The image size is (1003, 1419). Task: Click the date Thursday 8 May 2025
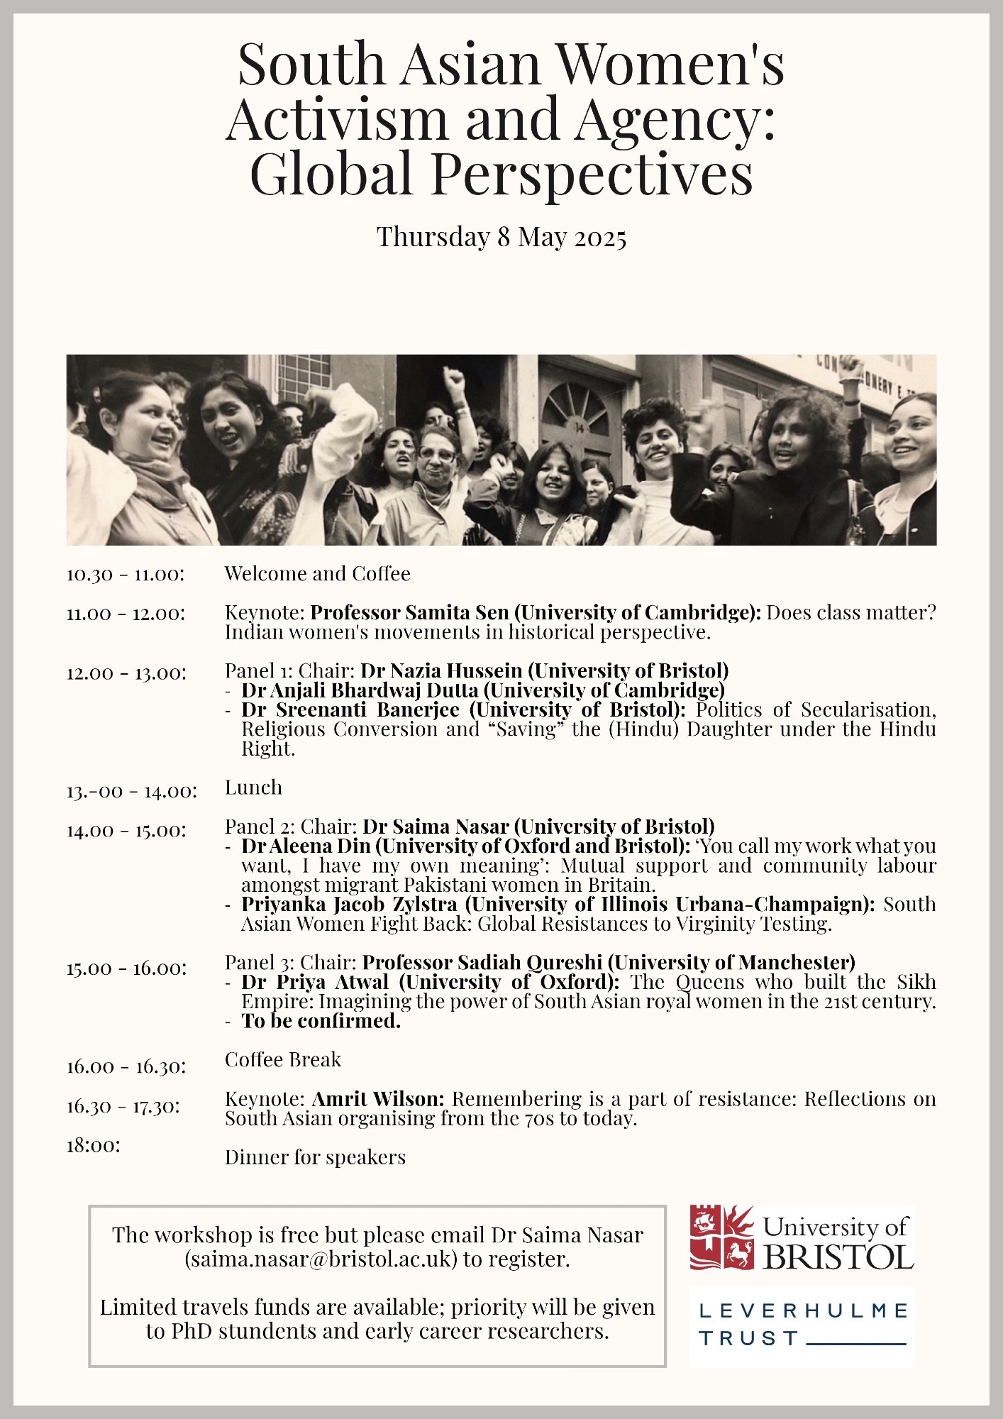[x=501, y=237]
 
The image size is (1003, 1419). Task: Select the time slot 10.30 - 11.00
[x=125, y=574]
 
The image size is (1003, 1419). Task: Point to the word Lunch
[x=253, y=788]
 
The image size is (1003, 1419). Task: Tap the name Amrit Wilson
[x=378, y=1099]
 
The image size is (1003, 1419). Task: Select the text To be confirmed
[x=321, y=1021]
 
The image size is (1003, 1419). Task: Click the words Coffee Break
[x=282, y=1060]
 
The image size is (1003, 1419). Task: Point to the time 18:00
[x=93, y=1145]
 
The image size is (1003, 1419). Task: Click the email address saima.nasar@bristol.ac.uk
[x=320, y=1259]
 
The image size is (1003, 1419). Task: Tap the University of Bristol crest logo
[x=722, y=1238]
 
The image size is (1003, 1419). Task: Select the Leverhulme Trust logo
[x=802, y=1325]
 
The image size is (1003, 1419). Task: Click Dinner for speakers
[x=315, y=1157]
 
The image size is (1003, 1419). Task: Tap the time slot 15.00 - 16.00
[x=126, y=968]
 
